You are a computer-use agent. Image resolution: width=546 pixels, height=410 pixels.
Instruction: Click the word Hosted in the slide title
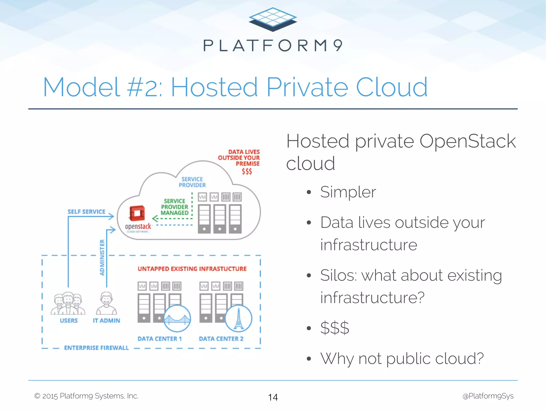point(214,87)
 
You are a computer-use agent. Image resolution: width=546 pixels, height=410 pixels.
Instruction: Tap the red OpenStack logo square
point(137,213)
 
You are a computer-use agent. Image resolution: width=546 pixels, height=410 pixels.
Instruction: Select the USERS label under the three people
point(69,321)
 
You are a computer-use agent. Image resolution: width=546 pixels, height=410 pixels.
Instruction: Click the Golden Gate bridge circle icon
point(177,319)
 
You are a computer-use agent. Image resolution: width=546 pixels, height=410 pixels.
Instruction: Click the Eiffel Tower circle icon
point(239,319)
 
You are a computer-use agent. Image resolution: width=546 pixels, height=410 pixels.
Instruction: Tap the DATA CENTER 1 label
point(160,339)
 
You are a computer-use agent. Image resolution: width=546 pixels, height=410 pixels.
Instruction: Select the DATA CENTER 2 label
point(221,339)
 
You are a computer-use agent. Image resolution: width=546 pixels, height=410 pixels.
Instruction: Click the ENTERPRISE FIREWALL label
point(96,348)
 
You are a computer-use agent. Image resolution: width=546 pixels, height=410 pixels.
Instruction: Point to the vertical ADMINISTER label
point(102,257)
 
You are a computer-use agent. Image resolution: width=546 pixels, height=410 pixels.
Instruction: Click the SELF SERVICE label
point(86,212)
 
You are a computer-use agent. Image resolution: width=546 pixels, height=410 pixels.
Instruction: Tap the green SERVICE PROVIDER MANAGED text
point(175,207)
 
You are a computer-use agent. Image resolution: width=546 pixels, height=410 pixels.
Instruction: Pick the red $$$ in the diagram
point(247,171)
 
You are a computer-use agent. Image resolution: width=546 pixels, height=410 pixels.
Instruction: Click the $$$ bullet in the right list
point(335,328)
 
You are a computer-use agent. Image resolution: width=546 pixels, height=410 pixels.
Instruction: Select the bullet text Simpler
point(348,192)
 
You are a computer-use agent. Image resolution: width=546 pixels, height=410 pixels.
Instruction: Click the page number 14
point(273,397)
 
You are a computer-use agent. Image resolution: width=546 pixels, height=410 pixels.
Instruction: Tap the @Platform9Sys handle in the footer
point(488,396)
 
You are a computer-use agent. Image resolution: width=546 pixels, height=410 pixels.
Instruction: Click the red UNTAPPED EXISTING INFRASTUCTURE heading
point(192,269)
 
